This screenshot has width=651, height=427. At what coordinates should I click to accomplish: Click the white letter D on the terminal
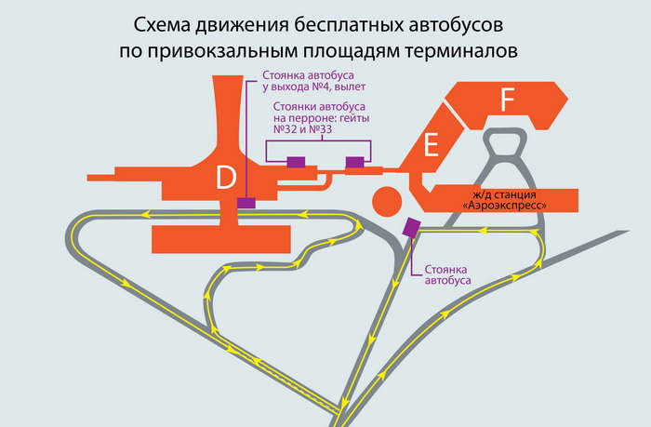(226, 178)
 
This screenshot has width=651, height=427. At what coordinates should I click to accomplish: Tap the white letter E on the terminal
(431, 146)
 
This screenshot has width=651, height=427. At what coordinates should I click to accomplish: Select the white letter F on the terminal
(508, 100)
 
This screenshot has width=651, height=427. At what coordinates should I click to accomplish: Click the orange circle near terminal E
(387, 202)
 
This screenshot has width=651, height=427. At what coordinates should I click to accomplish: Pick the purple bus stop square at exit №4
(246, 203)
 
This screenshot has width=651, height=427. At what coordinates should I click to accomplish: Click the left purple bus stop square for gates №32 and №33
(296, 162)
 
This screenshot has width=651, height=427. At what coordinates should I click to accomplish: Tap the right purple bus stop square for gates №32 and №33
(355, 162)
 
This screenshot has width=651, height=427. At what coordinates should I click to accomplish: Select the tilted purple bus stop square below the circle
(412, 227)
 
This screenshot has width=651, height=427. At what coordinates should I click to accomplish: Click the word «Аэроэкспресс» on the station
(504, 206)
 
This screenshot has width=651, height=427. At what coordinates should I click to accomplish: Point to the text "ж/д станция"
(504, 194)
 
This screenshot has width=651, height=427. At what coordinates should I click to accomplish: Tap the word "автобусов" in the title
(456, 25)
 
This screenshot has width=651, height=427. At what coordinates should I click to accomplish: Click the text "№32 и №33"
(302, 129)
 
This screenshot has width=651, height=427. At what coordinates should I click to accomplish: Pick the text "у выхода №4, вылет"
(314, 87)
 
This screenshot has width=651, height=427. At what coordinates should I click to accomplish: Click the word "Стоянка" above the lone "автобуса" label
(445, 270)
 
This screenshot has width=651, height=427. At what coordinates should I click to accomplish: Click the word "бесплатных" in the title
(349, 25)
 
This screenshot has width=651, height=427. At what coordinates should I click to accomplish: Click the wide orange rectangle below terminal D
(221, 239)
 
